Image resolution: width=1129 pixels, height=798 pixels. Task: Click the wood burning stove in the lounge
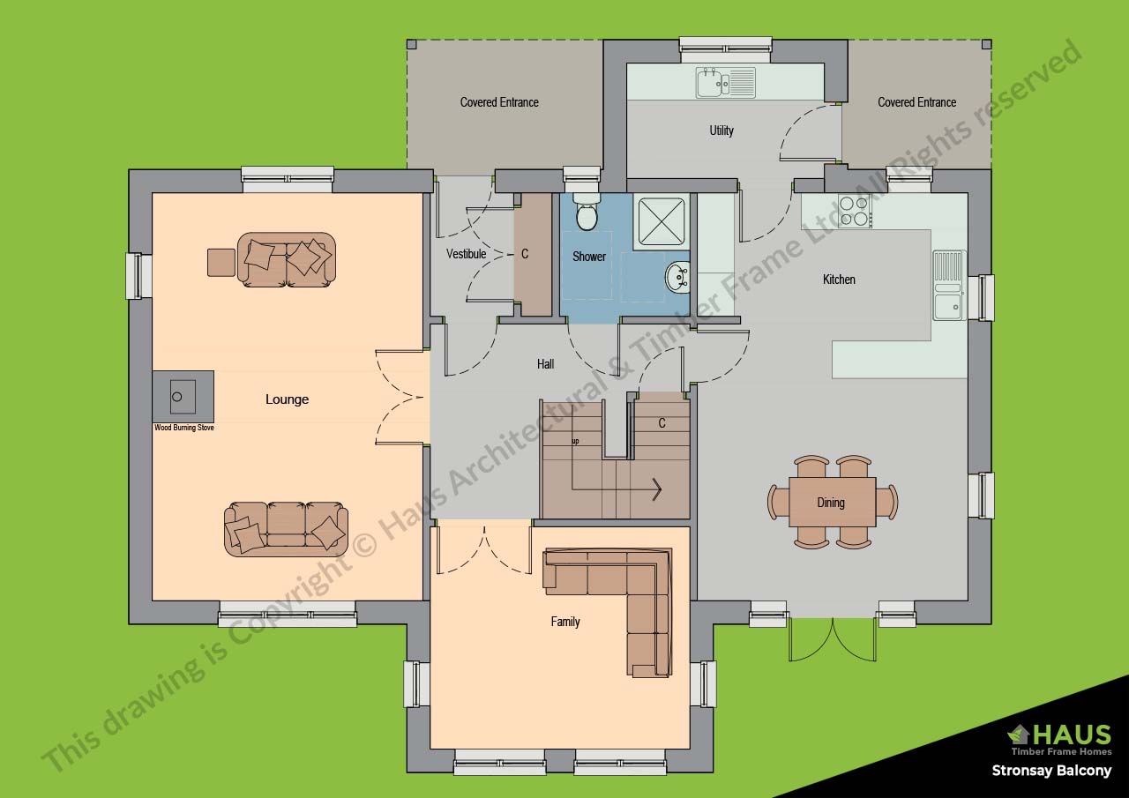pos(183,397)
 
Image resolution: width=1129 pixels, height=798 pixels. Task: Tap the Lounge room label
pos(288,399)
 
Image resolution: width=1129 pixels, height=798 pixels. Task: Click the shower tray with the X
pos(661,219)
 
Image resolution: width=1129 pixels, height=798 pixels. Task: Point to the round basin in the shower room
pos(677,277)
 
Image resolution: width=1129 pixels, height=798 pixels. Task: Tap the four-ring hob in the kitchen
pos(855,211)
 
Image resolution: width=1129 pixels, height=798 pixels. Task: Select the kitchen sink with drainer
pos(948,285)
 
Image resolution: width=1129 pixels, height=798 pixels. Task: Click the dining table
pos(832,503)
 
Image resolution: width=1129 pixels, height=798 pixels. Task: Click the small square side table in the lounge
pos(221,263)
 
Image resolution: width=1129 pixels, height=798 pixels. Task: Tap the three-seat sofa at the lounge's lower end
pos(286,528)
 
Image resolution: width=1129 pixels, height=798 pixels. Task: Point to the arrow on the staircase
pos(656,488)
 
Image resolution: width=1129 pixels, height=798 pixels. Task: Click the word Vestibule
pos(466,254)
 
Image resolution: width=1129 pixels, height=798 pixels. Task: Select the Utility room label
pos(722,131)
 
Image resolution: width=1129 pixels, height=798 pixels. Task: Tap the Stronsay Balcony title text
pos(1051,771)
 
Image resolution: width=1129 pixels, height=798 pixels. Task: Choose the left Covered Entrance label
pos(499,102)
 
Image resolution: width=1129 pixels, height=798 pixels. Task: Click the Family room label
pos(565,622)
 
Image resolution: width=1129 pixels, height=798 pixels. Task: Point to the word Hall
pos(546,363)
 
